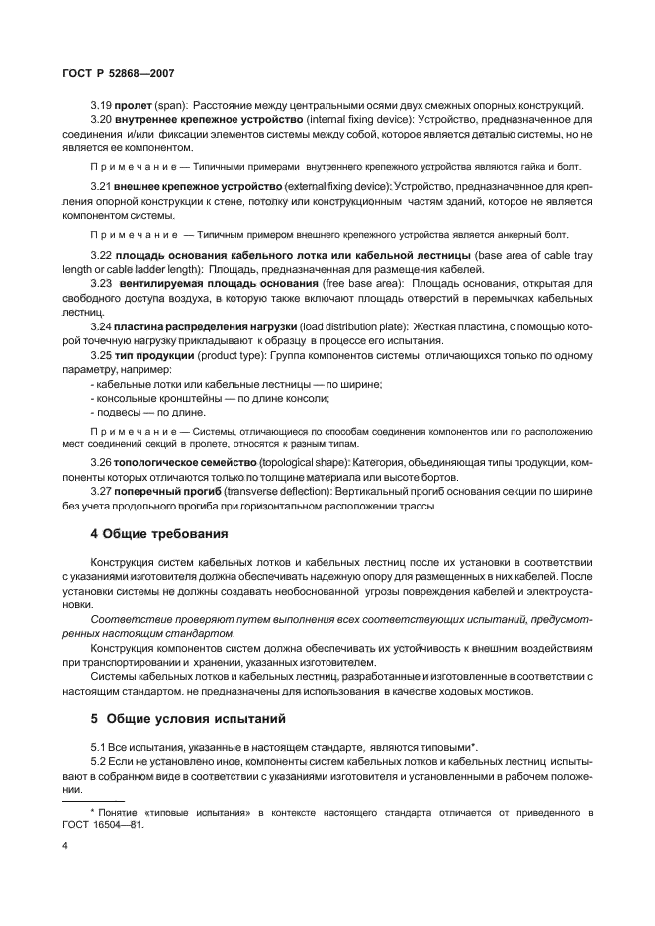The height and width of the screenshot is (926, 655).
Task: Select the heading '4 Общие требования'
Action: (159, 533)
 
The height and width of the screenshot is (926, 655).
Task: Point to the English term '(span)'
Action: (175, 106)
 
